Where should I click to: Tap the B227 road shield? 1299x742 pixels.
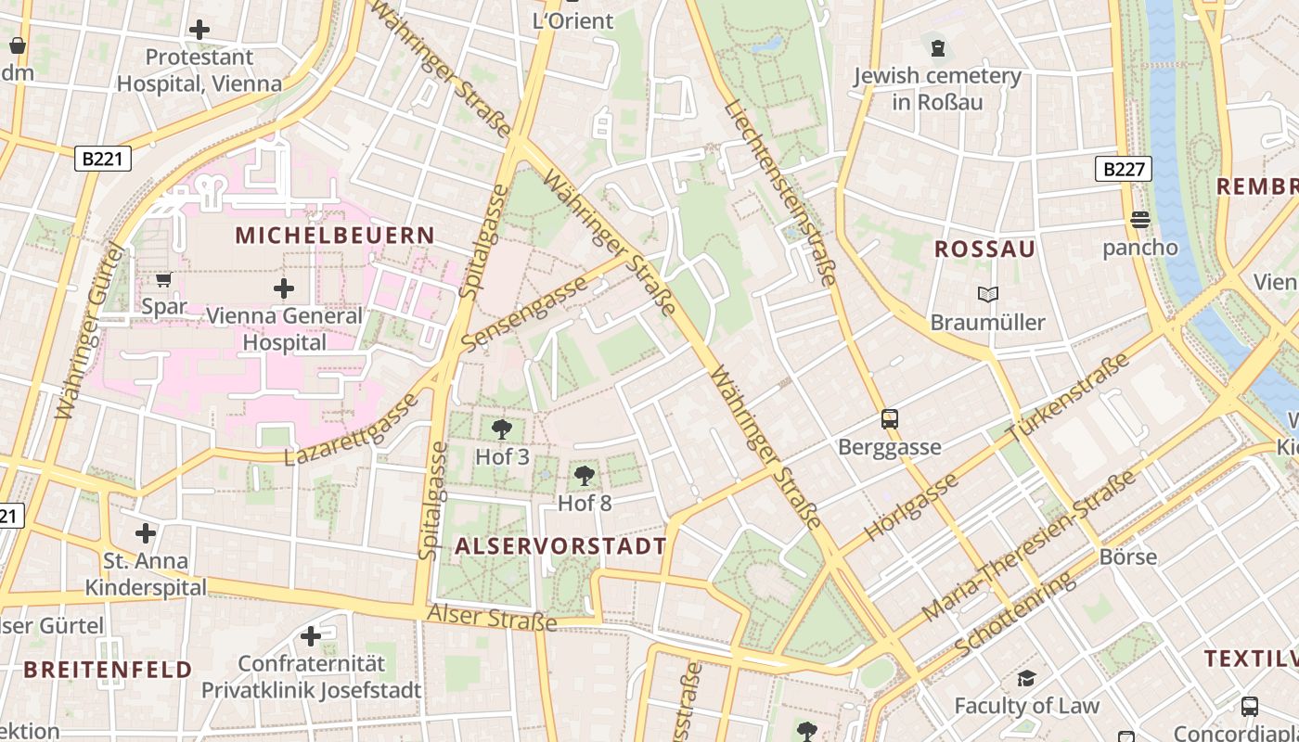pyautogui.click(x=1123, y=169)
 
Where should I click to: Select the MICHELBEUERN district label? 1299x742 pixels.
pyautogui.click(x=335, y=235)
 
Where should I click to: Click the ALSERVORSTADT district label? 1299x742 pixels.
pyautogui.click(x=560, y=546)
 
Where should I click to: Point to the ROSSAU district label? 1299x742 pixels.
pyautogui.click(x=984, y=249)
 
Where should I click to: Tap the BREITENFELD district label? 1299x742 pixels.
pyautogui.click(x=108, y=669)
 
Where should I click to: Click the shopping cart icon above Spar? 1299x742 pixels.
pyautogui.click(x=164, y=279)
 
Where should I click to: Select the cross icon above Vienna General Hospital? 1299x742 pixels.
pyautogui.click(x=284, y=288)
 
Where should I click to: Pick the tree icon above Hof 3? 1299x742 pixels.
pyautogui.click(x=502, y=429)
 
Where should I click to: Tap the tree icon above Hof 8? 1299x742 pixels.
pyautogui.click(x=585, y=476)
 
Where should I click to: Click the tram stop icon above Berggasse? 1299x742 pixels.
pyautogui.click(x=890, y=418)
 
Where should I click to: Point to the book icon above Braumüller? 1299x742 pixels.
pyautogui.click(x=988, y=295)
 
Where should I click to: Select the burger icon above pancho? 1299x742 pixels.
pyautogui.click(x=1140, y=220)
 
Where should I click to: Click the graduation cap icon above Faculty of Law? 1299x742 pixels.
pyautogui.click(x=1026, y=678)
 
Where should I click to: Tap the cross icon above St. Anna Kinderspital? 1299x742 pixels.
pyautogui.click(x=146, y=533)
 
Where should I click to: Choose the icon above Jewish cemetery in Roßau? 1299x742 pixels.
pyautogui.click(x=938, y=47)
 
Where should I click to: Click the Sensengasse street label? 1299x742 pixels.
pyautogui.click(x=525, y=313)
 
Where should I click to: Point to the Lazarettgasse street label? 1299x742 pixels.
pyautogui.click(x=352, y=429)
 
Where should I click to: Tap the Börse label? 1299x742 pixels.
pyautogui.click(x=1127, y=556)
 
